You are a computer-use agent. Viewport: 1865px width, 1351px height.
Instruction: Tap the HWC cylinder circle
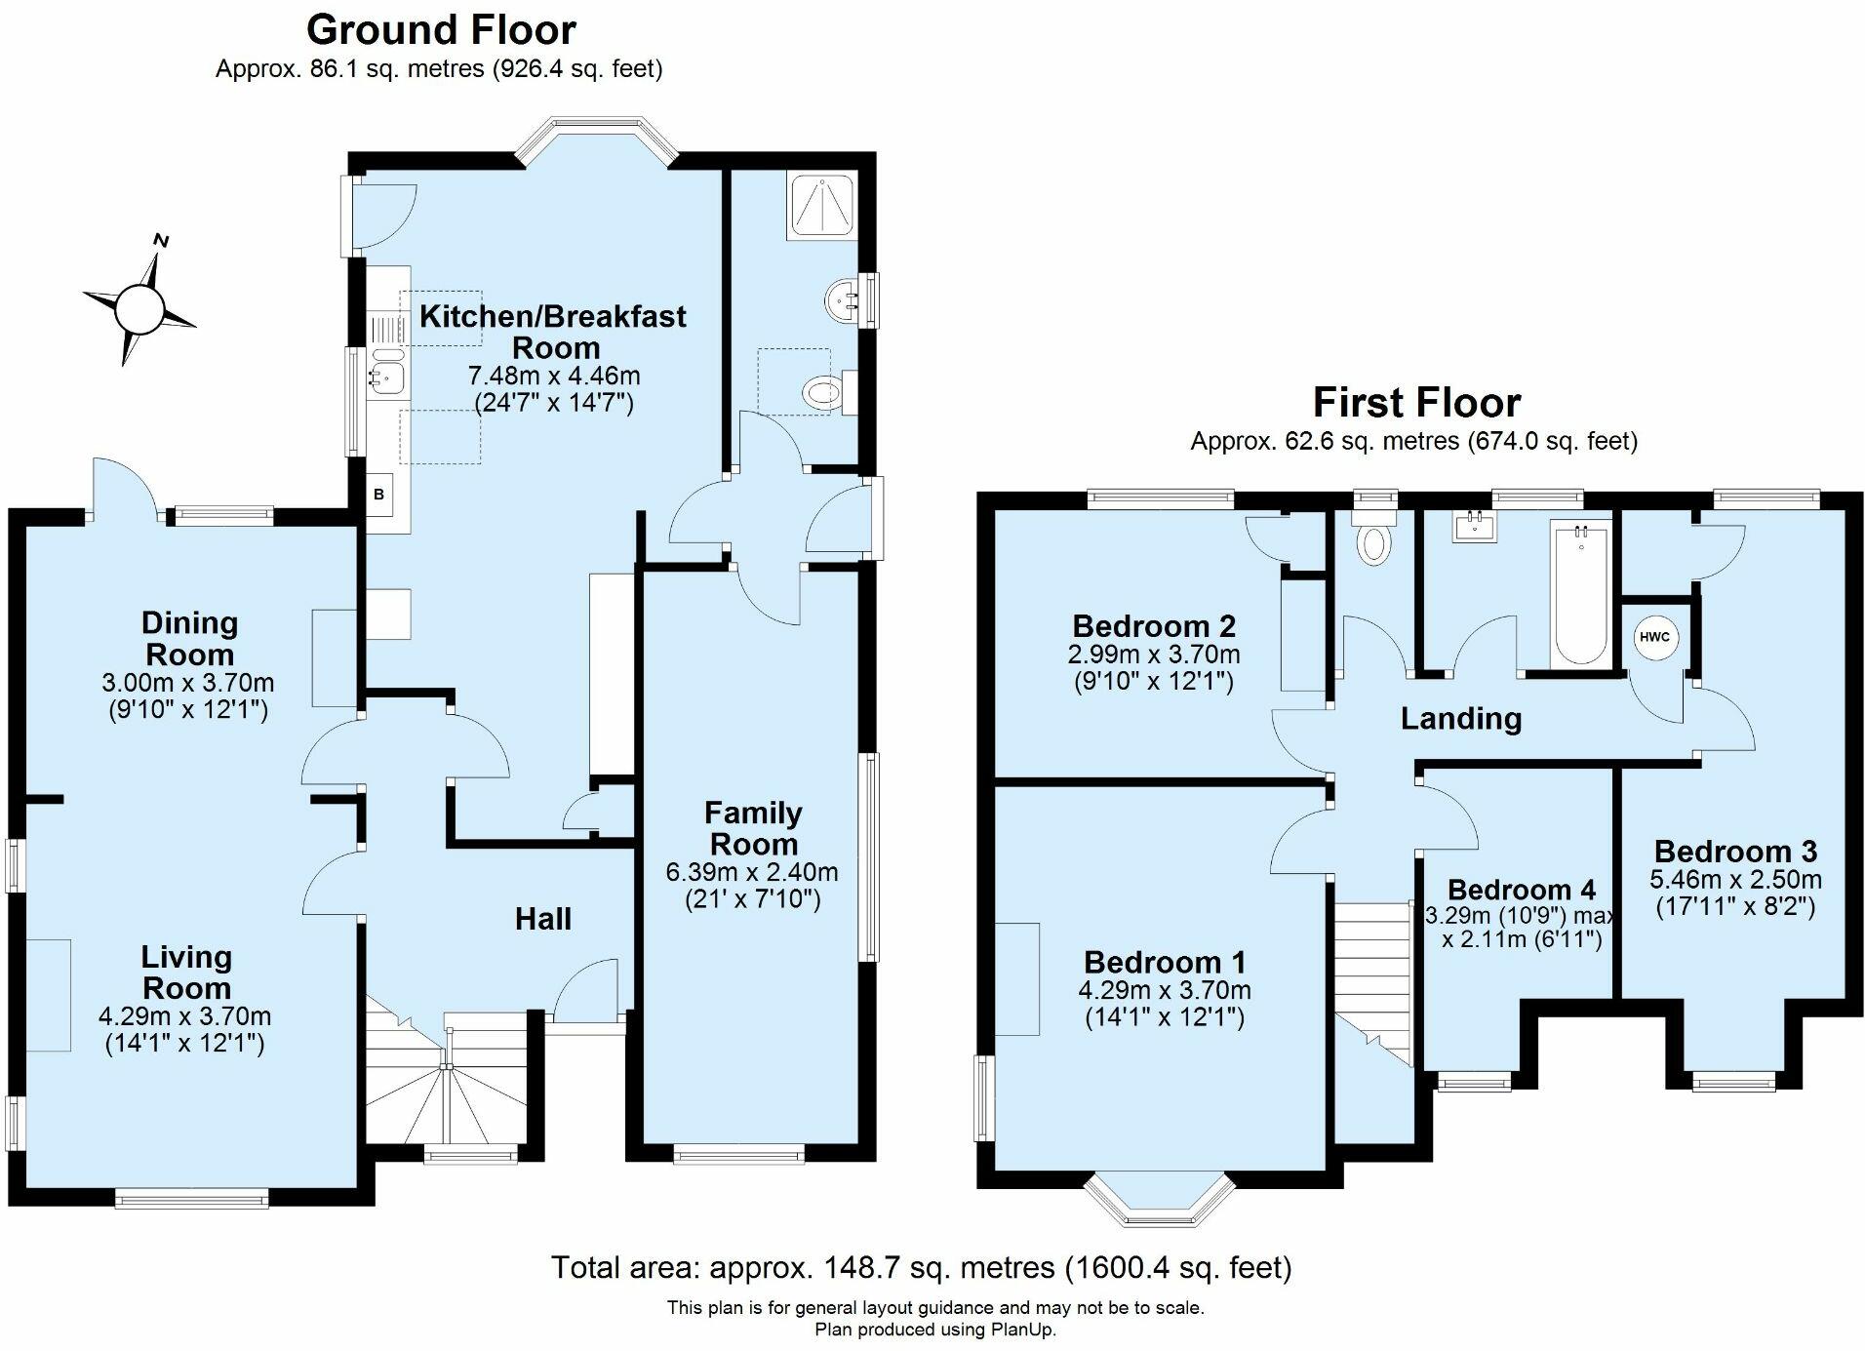tap(1654, 638)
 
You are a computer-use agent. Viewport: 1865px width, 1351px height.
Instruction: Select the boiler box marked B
tap(379, 495)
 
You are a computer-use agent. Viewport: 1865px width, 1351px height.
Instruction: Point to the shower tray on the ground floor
tap(822, 207)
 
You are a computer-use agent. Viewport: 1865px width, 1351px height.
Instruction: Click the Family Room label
tap(754, 827)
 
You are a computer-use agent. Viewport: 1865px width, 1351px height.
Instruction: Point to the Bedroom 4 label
tap(1522, 890)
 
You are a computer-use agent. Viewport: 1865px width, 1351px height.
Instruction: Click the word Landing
tap(1461, 719)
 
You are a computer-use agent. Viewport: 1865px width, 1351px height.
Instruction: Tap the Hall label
tap(543, 918)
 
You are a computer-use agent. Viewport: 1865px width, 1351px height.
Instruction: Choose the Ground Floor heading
tap(441, 30)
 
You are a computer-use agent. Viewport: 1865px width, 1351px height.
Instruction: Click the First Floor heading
tap(1416, 402)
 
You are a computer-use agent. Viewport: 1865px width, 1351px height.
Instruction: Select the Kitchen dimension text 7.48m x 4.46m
tap(554, 376)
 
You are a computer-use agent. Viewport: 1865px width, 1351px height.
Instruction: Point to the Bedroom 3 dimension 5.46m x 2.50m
tap(1735, 879)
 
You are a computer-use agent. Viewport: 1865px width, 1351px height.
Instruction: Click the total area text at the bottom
tap(921, 1267)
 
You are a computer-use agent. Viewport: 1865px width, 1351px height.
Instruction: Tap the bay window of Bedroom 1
tap(1160, 1201)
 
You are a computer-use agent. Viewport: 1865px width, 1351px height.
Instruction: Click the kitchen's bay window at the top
tap(596, 138)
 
